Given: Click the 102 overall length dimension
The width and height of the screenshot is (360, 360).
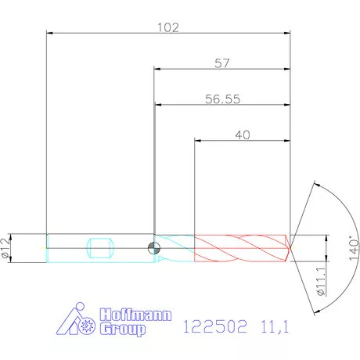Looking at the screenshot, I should pos(168,27).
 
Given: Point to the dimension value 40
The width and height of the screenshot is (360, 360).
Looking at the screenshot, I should pos(242,134).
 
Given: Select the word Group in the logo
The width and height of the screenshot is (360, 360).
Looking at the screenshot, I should pos(124,329).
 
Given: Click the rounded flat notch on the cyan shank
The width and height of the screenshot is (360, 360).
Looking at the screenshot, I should pos(103,248).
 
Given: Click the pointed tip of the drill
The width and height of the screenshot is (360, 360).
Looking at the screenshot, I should pos(294,248).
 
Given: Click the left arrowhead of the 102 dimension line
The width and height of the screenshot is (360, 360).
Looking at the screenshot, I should pos(51,34).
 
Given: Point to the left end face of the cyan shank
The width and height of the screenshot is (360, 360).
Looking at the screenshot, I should pos(47,248).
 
